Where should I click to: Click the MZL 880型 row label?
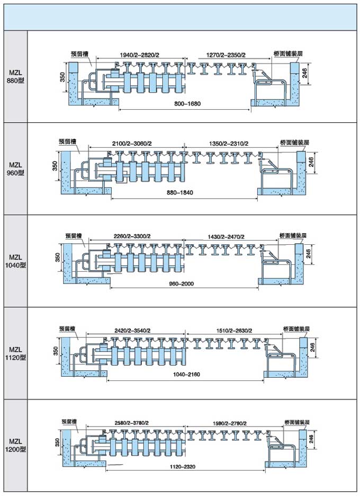pos(15,77)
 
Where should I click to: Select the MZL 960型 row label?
pos(15,168)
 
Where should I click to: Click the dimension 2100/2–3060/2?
pos(132,144)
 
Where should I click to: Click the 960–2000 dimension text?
pos(181,283)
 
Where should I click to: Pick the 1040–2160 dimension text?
pos(186,374)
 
